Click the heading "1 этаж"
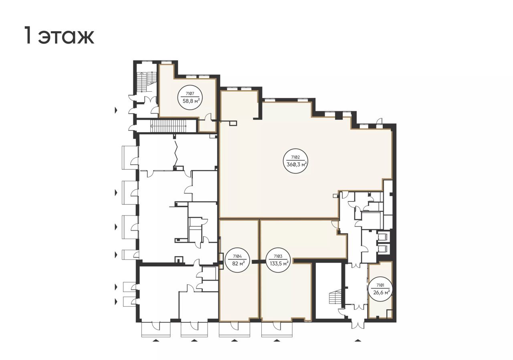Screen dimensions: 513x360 [x=59, y=35]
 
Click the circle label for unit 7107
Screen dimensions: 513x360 [x=190, y=98]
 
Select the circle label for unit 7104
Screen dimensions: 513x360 [x=237, y=260]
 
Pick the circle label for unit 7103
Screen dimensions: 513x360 [x=278, y=260]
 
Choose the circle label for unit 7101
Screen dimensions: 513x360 [x=380, y=289]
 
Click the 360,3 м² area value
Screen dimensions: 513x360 [x=297, y=164]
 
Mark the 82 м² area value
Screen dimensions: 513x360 [x=237, y=263]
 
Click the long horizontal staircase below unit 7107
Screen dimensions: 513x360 [x=168, y=126]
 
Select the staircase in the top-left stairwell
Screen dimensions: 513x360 [x=147, y=81]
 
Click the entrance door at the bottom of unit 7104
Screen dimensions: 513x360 [x=234, y=325]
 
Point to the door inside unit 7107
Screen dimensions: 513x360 [x=208, y=117]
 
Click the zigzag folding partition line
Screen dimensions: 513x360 [x=176, y=153]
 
